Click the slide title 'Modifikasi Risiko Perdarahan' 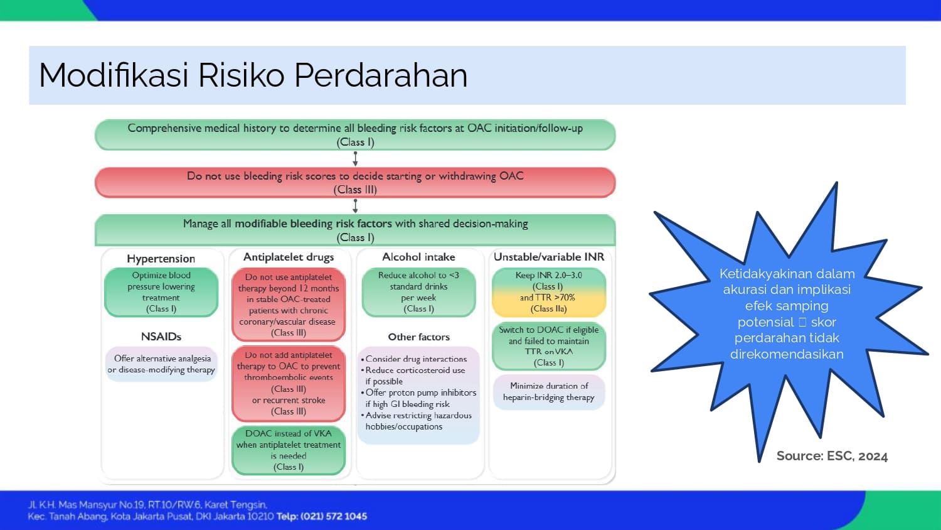coord(253,75)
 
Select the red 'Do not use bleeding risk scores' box coord(355,182)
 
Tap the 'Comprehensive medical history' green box coord(355,134)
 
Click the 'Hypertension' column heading coord(161,259)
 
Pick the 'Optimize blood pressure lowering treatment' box coord(161,292)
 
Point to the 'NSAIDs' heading coord(161,337)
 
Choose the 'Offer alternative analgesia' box coord(162,364)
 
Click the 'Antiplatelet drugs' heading coord(289,257)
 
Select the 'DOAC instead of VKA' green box coord(289,450)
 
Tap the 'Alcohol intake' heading coord(418,257)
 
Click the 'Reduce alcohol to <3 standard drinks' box coord(418,292)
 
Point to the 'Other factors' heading coord(418,337)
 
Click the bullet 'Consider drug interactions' coord(416,359)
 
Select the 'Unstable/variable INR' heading coord(549,257)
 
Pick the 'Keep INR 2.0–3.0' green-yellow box coord(549,292)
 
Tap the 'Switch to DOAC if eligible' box coord(549,346)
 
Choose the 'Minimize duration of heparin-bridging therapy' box coord(549,392)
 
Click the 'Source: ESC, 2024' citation coord(832,457)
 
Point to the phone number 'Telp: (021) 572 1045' coord(322,517)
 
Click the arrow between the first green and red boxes coord(355,159)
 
